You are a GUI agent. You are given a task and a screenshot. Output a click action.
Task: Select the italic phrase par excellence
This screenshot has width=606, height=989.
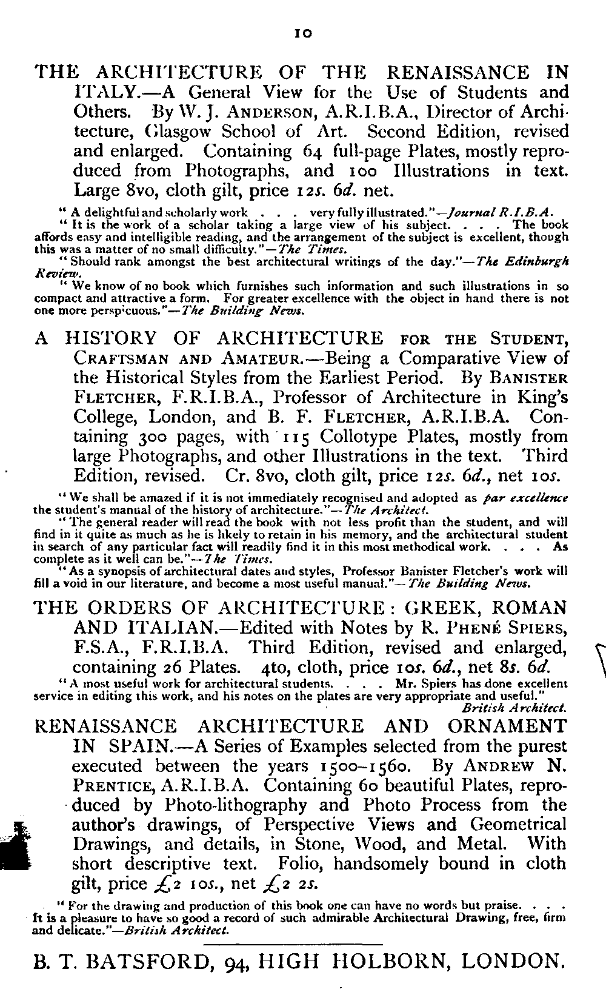[527, 498]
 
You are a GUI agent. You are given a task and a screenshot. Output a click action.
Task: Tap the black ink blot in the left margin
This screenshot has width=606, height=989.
[13, 847]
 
